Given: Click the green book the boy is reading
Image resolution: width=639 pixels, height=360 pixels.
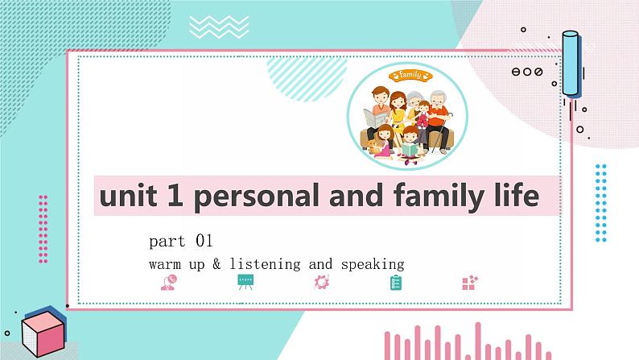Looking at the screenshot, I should point(410,150).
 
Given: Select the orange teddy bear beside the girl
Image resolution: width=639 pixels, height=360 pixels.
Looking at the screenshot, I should point(372,146).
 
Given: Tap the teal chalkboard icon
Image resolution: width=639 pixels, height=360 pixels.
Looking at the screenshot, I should point(245,282).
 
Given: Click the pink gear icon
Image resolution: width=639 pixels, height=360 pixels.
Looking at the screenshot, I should point(321,282).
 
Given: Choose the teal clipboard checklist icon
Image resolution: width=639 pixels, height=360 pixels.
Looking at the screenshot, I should point(396,282).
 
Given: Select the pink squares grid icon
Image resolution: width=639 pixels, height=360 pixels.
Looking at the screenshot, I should point(470,282).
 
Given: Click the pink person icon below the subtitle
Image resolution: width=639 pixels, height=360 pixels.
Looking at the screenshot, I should point(168,282).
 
